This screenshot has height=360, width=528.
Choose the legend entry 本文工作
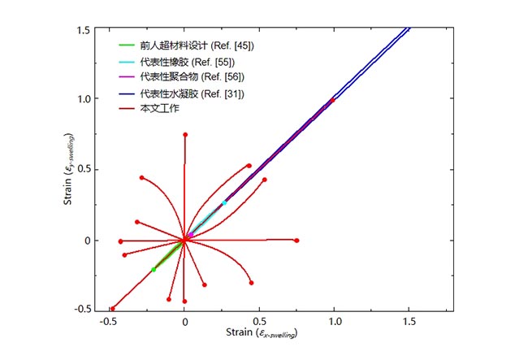(x=158, y=108)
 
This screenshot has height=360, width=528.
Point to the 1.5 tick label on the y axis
(x=84, y=29)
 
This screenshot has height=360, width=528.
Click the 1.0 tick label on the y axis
(x=84, y=99)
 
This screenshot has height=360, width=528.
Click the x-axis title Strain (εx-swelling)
(x=259, y=334)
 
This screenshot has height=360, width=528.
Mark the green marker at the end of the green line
(x=154, y=269)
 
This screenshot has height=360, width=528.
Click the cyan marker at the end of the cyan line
(x=224, y=202)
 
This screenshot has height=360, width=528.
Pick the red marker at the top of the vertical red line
(x=185, y=135)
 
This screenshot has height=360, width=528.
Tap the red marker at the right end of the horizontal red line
(x=296, y=241)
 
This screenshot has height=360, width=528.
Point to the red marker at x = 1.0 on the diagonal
(x=332, y=100)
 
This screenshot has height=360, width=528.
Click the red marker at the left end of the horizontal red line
(x=120, y=241)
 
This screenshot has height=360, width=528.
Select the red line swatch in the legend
(x=126, y=108)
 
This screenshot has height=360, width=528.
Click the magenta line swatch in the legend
(x=126, y=76)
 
